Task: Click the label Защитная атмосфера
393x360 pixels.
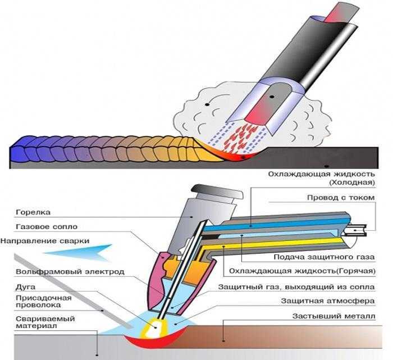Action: pos(328,301)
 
